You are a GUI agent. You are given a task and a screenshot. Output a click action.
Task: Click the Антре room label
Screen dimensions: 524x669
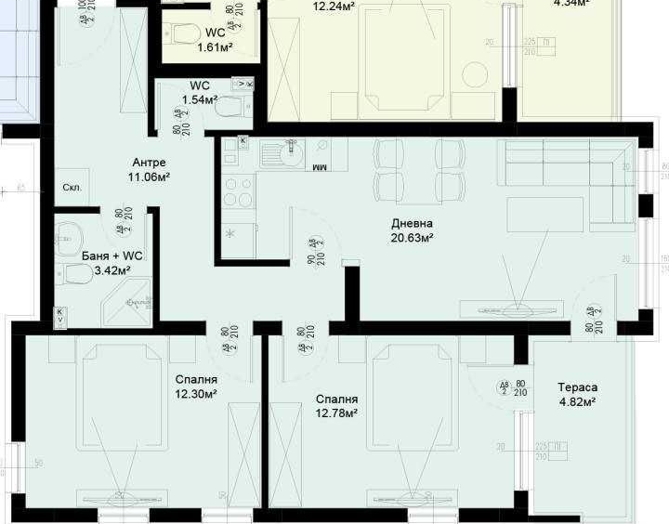pyautogui.click(x=149, y=162)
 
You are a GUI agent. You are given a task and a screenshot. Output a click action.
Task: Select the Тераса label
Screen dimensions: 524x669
pyautogui.click(x=577, y=387)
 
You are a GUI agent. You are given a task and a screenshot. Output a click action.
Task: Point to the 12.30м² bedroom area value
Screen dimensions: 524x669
pyautogui.click(x=196, y=394)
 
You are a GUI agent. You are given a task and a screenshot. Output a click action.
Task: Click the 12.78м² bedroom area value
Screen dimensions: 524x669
pyautogui.click(x=335, y=413)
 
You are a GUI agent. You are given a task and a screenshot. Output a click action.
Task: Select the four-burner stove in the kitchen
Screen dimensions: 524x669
pyautogui.click(x=238, y=192)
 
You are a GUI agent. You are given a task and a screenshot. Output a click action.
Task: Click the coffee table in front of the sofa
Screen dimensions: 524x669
pyautogui.click(x=545, y=215)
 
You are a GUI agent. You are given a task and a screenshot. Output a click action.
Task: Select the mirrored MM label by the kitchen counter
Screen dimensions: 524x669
pyautogui.click(x=319, y=168)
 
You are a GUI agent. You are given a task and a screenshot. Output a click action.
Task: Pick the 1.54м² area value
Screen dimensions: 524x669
pyautogui.click(x=199, y=99)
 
